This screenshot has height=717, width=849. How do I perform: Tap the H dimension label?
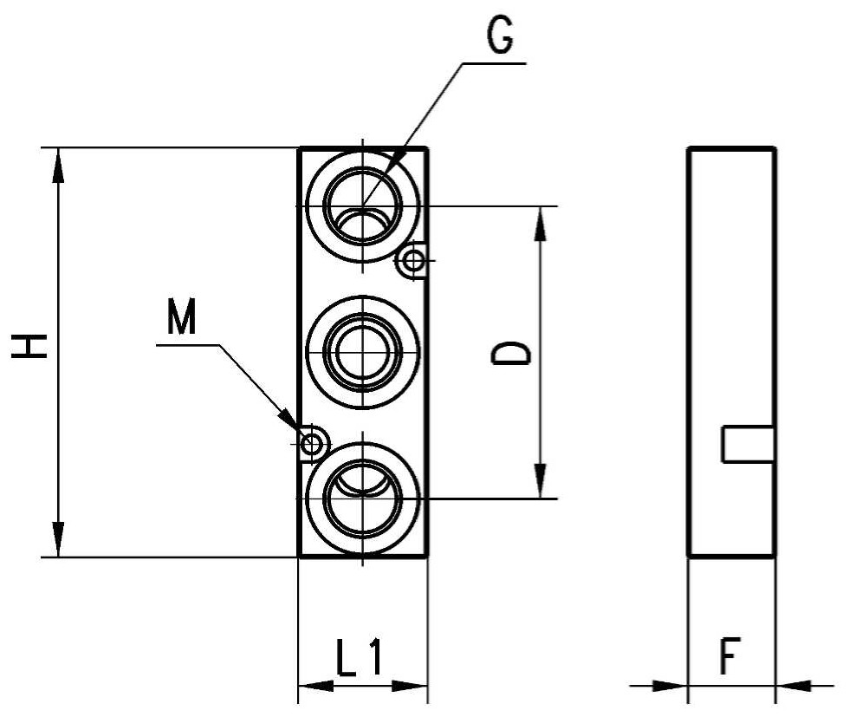[x=29, y=346]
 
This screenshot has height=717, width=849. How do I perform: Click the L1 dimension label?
[x=360, y=657]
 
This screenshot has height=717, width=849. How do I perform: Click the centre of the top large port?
[x=363, y=206]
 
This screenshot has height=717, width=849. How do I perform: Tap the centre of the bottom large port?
[x=363, y=498]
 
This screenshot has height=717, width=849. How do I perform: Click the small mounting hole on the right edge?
[x=415, y=261]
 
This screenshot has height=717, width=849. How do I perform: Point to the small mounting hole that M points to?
[x=311, y=444]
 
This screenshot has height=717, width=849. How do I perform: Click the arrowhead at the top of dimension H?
[x=59, y=166]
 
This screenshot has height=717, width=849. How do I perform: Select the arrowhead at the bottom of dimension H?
[x=59, y=538]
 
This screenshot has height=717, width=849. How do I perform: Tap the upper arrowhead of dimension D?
[x=540, y=224]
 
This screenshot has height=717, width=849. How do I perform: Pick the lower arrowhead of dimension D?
[x=540, y=480]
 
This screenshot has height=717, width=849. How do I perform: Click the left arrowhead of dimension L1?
[x=316, y=686]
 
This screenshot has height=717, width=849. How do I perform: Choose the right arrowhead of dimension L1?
[x=410, y=686]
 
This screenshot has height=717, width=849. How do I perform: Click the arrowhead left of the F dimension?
[x=670, y=686]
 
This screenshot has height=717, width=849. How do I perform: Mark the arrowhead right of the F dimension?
[x=794, y=686]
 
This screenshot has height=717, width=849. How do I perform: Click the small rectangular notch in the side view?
[x=748, y=445]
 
